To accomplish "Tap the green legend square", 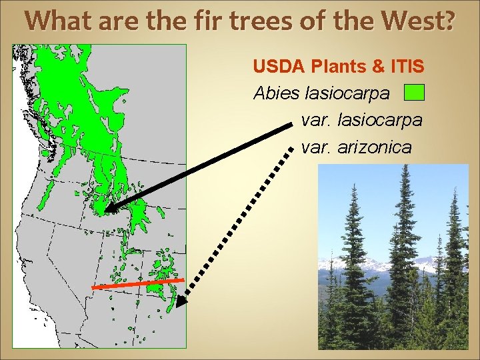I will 415,92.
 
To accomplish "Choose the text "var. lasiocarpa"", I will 361,120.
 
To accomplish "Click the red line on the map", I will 136,284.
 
